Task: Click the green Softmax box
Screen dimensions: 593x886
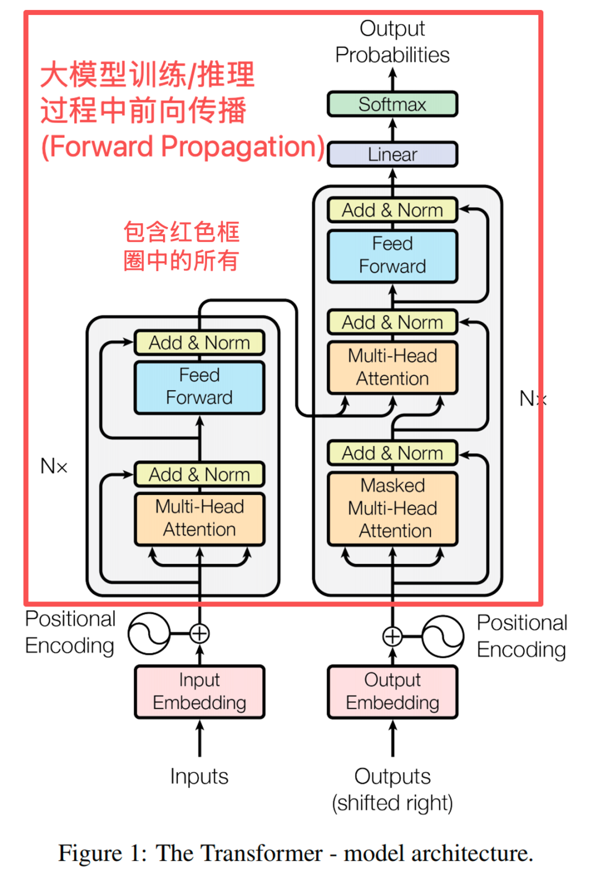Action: (392, 104)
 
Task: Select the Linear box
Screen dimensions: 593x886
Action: (392, 154)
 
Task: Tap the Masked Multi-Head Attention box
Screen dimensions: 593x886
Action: (392, 508)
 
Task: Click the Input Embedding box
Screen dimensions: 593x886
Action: (199, 691)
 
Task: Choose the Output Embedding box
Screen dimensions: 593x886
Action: (392, 691)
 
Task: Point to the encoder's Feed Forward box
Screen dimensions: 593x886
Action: (199, 387)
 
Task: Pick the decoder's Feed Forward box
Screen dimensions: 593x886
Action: (392, 256)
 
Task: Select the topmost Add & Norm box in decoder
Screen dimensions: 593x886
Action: (392, 210)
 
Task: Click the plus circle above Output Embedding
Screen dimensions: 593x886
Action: (392, 636)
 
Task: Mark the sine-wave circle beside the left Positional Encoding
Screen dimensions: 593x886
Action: (149, 633)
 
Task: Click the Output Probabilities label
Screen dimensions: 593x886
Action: (392, 42)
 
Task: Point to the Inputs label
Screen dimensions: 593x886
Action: (199, 776)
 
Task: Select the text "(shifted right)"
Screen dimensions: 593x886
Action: (392, 803)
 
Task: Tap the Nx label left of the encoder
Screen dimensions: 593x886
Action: (54, 466)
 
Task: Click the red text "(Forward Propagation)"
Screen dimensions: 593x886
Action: (183, 146)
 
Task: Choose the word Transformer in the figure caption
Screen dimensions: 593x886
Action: (264, 853)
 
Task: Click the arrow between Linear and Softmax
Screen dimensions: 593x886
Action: (392, 129)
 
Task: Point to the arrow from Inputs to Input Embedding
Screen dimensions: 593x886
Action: (199, 738)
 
